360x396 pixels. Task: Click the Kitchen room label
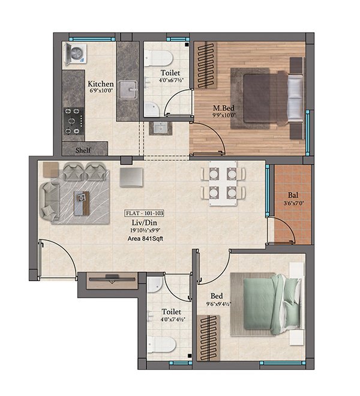pos(100,84)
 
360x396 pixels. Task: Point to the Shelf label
pos(83,150)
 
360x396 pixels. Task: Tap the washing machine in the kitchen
pos(76,53)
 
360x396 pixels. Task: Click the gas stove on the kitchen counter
pos(74,119)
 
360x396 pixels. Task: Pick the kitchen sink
pos(128,89)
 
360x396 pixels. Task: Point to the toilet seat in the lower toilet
pos(161,344)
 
